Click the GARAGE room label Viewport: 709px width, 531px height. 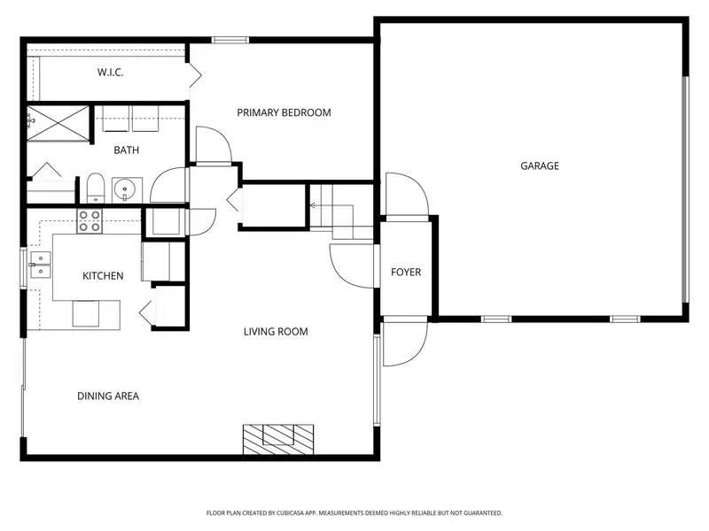pos(540,166)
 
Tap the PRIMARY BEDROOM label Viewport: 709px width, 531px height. pos(284,112)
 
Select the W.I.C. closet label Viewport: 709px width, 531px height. pos(110,73)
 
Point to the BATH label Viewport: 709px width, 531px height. pos(126,150)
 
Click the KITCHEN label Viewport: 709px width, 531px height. pos(103,276)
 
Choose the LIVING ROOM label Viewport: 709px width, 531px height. pos(276,332)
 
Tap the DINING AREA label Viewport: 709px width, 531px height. pos(108,396)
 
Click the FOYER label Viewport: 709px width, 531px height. pos(406,273)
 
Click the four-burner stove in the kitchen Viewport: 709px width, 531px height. pos(90,221)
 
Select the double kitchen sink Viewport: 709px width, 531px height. pos(40,265)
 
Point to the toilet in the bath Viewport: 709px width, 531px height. pos(96,188)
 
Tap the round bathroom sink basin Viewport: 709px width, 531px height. pos(124,189)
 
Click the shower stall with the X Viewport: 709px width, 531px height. pos(58,123)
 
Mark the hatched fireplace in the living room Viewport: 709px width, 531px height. pos(278,439)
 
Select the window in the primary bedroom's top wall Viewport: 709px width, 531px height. pos(230,40)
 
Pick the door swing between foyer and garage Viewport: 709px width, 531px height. pos(407,195)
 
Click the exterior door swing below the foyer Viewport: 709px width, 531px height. pos(405,342)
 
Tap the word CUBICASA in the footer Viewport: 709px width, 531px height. pos(292,513)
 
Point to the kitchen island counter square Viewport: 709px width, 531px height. pos(85,313)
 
